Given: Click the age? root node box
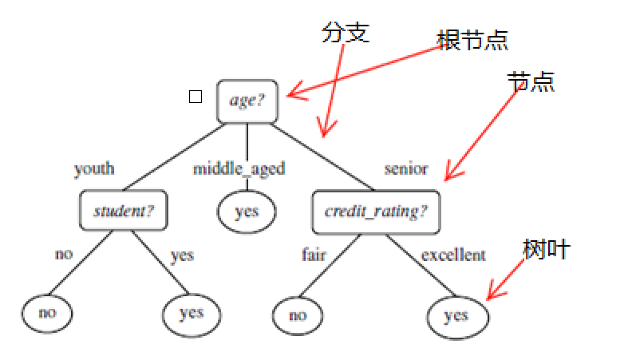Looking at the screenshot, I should (247, 101).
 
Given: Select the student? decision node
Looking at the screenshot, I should (124, 212).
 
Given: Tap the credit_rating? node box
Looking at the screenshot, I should (376, 212).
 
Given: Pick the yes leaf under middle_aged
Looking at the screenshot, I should (247, 212).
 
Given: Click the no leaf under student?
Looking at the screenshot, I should (47, 312).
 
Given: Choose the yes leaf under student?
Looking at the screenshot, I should (192, 313).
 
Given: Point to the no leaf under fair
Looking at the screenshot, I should (297, 315).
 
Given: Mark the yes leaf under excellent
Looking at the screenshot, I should (456, 315).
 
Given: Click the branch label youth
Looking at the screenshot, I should (94, 169).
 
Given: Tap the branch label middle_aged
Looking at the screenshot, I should (239, 169).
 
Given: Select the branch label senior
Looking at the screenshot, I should (405, 169).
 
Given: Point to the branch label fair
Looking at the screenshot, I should (314, 255).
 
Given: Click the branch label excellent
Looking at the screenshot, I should (452, 255).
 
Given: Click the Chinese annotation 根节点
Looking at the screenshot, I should (472, 41).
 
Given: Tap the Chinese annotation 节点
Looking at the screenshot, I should (531, 81).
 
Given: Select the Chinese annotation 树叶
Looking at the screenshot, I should (546, 249).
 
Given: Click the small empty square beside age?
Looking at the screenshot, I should (195, 97).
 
